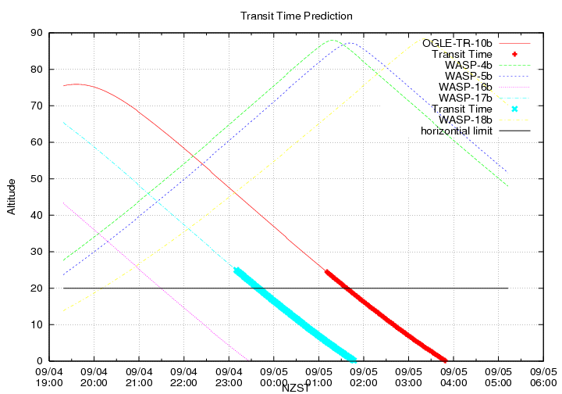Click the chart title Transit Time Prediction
coord(297,16)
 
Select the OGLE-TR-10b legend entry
coord(457,43)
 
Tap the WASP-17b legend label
coord(466,98)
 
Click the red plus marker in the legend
coord(514,54)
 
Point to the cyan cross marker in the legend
coord(514,109)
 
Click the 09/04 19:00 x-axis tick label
coord(49,378)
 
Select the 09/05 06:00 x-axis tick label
coord(542,378)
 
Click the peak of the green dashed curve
coord(333,40)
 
